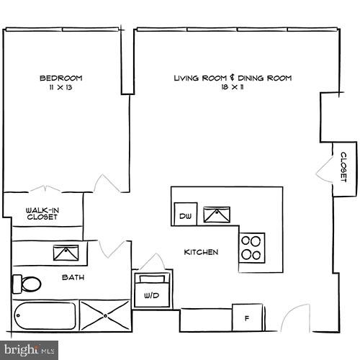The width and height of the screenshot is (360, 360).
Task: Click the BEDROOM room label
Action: point(60,78)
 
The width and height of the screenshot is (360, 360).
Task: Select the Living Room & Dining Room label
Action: point(233,78)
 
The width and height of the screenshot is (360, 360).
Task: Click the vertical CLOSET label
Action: point(343,167)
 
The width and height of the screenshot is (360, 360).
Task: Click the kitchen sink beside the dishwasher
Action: point(216,214)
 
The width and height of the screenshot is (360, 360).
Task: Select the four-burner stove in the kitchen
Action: point(252,247)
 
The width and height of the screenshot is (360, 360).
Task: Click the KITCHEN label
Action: point(200,252)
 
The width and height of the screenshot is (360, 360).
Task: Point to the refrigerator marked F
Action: point(247,317)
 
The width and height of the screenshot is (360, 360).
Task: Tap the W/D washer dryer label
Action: point(151,294)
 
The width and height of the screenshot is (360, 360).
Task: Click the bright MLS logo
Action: point(29,351)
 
